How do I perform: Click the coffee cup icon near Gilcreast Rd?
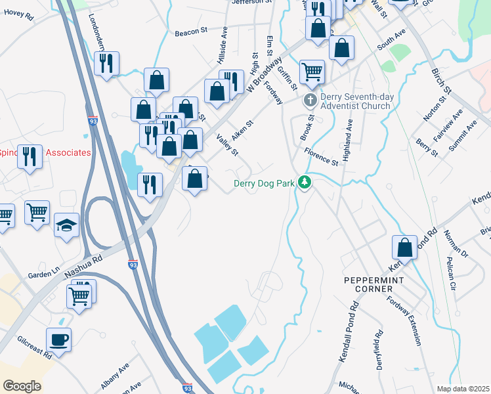coord(58,339)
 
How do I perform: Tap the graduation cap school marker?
coord(66,225)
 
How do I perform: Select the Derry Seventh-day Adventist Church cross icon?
coord(310,101)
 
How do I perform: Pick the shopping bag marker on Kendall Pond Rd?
coord(405,248)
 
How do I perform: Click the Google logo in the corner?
coord(22,385)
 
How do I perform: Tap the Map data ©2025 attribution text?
coord(463,389)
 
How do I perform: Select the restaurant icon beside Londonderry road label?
coord(106,63)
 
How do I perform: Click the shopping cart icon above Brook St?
coord(312,71)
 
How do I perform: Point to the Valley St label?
coord(227,144)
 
